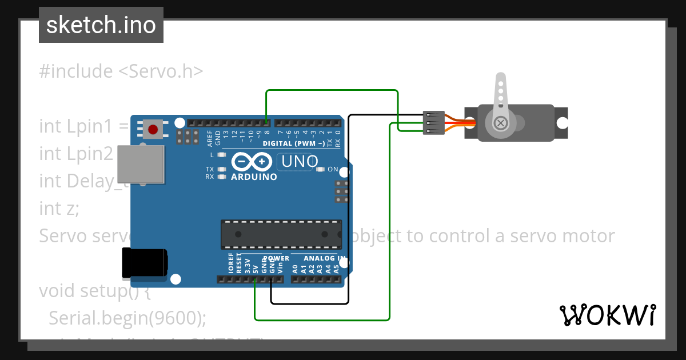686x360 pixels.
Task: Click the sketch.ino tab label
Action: (101, 25)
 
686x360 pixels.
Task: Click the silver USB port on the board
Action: (141, 165)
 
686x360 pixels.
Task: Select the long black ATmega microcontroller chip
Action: (281, 234)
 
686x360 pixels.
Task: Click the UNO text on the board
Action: (297, 162)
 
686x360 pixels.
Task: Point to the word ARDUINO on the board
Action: (254, 177)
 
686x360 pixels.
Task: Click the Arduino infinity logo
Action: (252, 162)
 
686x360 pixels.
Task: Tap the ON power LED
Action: (320, 170)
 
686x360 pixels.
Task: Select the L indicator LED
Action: (222, 155)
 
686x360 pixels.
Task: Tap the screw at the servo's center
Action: (501, 123)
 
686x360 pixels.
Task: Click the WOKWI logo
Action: (607, 315)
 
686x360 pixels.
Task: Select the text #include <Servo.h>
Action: (121, 71)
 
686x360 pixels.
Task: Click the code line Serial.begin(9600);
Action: (127, 318)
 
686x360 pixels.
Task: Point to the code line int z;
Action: (59, 209)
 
